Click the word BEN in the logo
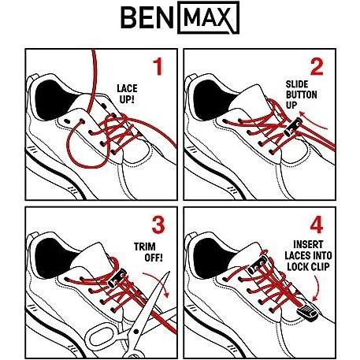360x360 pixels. coord(147,17)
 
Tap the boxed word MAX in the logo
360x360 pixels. coord(208,17)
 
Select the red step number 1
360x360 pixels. coord(158,66)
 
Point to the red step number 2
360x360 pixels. coord(317,66)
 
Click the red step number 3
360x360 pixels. coord(158,225)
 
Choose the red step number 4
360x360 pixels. coord(317,225)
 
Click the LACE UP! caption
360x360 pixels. coord(127,94)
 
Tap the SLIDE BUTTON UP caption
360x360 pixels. coord(301,95)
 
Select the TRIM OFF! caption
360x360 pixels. coord(148,252)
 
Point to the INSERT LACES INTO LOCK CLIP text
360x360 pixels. coord(308,256)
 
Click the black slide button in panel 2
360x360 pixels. coord(293,128)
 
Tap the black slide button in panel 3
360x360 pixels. coord(117,278)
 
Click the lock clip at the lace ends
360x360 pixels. coord(307,313)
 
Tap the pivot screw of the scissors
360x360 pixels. coord(135,332)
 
